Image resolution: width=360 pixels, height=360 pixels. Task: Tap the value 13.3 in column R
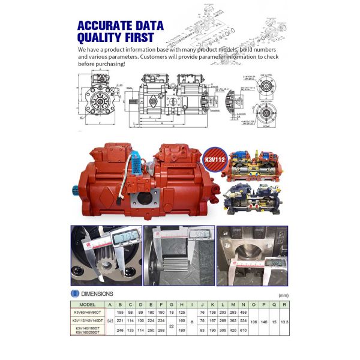(284, 321)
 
